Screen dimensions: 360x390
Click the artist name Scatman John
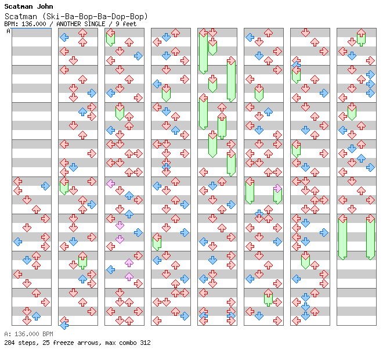pos(28,7)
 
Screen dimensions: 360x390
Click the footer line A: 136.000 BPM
pos(28,334)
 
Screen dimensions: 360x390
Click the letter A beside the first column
pos(9,31)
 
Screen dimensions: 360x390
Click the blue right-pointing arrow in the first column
pos(45,186)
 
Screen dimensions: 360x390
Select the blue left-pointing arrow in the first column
pos(17,242)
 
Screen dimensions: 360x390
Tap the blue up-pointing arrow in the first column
pos(36,316)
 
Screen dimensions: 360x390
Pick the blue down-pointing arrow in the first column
pos(27,260)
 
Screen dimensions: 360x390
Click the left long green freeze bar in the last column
pos(342,238)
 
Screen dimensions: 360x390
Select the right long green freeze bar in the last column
pos(370,238)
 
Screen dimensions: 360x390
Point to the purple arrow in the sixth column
pos(277,188)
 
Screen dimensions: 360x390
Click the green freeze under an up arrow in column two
pos(82,261)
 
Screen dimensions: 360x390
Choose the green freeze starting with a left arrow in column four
pos(157,242)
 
